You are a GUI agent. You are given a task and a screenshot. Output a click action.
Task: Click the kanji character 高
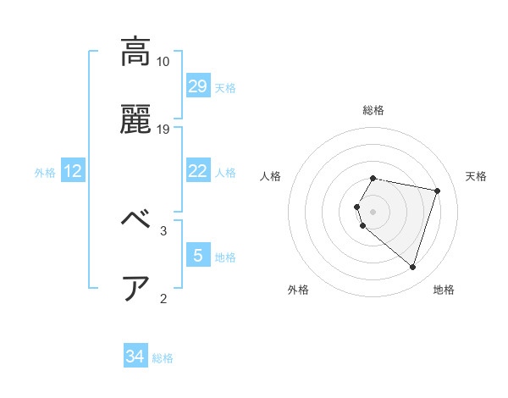(136, 53)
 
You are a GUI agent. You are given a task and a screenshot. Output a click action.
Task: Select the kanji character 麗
(136, 121)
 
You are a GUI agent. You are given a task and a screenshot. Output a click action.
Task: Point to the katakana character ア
(136, 288)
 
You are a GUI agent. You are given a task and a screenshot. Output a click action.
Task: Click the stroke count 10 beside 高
(163, 62)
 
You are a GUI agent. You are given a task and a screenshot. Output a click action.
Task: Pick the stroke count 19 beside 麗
(163, 130)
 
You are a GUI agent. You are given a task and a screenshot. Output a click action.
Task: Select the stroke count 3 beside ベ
(163, 229)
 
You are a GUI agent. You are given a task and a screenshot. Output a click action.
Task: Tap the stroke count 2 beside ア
(163, 297)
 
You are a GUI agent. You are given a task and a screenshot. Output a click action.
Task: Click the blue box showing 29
(197, 86)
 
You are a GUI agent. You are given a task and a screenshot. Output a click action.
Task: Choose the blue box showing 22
(197, 171)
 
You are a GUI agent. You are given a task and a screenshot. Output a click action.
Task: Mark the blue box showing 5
(197, 255)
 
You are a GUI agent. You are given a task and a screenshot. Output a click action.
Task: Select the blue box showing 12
(73, 171)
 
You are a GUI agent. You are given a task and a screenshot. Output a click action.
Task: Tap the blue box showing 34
(135, 357)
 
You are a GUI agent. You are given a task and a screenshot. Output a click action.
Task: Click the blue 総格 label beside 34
(163, 358)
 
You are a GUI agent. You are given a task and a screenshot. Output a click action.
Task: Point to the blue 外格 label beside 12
(45, 173)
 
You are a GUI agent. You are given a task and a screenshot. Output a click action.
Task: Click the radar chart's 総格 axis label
(373, 110)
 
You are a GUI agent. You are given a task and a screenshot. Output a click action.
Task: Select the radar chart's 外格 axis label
(298, 290)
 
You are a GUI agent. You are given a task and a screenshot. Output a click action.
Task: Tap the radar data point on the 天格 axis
(437, 191)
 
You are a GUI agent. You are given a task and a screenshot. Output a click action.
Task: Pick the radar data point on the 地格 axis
(412, 267)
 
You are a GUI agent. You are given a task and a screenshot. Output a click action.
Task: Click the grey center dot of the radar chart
(373, 211)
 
